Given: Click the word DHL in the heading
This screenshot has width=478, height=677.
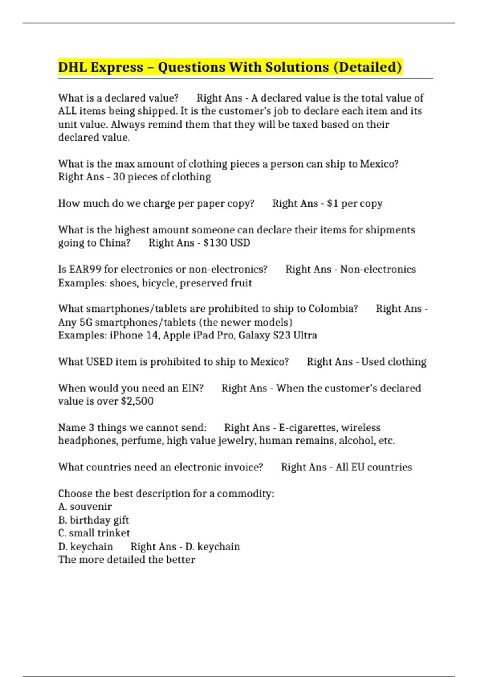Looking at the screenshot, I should pos(72,67).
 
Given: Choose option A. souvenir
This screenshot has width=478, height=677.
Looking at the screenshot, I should pos(85,507).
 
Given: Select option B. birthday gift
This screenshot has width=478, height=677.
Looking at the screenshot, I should pos(94,520).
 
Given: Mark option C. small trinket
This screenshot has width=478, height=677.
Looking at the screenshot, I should pos(94,533).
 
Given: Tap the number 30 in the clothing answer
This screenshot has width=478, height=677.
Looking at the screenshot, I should pos(119,177).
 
